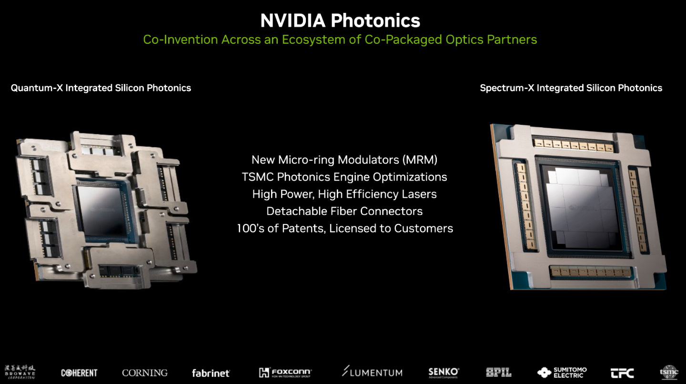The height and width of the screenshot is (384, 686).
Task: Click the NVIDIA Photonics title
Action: [340, 20]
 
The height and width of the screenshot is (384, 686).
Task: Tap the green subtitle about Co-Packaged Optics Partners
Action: [340, 40]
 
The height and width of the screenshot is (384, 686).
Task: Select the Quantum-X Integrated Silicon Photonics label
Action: [101, 88]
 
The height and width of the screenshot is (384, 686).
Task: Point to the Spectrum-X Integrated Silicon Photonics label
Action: [571, 88]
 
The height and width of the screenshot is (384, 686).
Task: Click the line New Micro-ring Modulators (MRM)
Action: [344, 160]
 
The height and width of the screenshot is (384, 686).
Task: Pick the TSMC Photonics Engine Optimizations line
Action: [344, 177]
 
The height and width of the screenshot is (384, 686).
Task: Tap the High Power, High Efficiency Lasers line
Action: [344, 194]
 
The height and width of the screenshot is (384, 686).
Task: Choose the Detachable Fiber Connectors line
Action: [344, 211]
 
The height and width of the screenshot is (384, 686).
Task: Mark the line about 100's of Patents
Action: [344, 229]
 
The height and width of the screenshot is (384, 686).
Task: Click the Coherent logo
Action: [79, 373]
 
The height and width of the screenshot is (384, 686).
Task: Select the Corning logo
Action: [145, 373]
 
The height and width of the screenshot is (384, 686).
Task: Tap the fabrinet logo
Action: [211, 373]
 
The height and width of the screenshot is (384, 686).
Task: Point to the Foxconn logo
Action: [285, 372]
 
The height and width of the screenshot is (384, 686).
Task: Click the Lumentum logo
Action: [372, 372]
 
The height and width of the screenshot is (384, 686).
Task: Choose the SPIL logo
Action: [499, 372]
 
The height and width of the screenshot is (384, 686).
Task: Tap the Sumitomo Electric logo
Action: [562, 372]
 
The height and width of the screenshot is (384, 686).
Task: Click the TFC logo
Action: [622, 373]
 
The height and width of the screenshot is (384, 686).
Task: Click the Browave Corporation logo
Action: [20, 372]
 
